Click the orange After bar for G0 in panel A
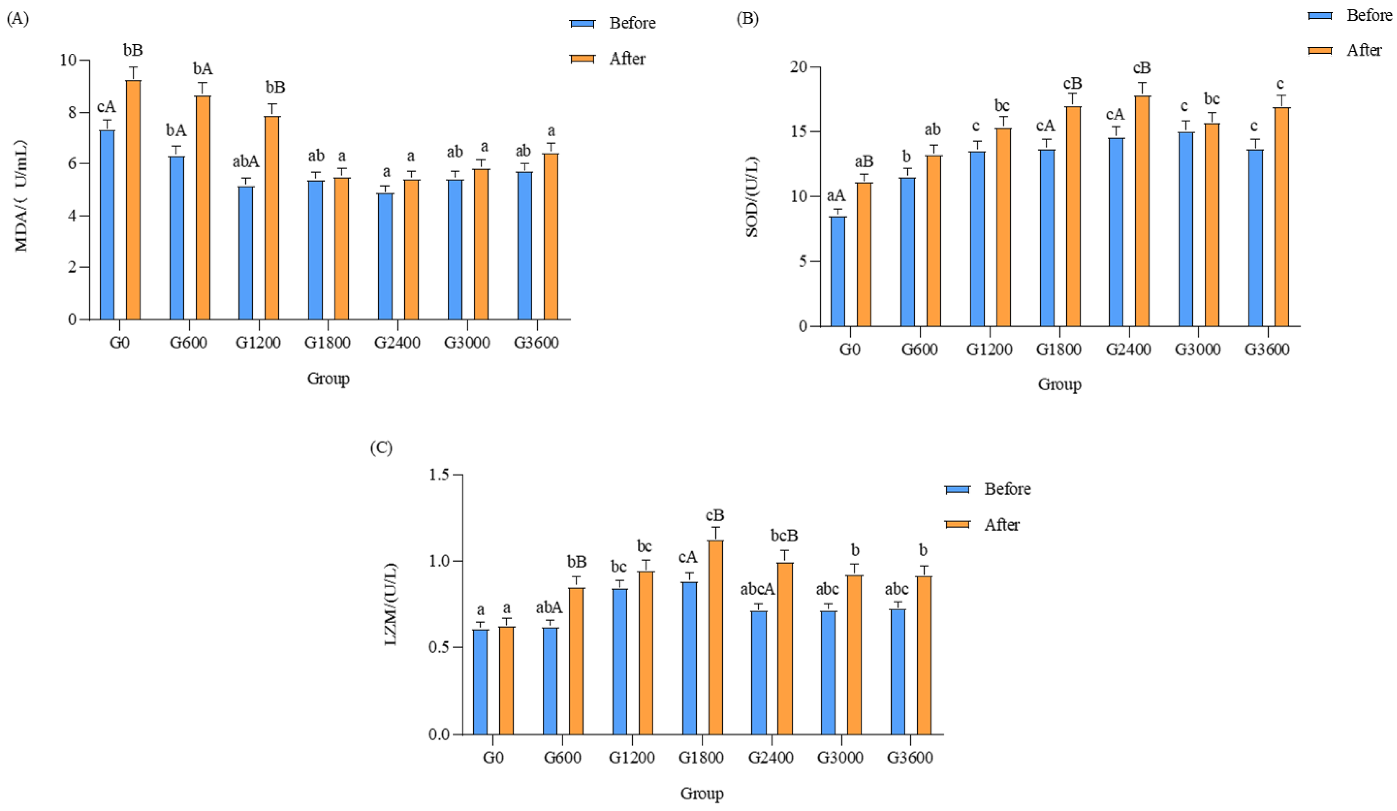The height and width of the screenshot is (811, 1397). point(133,200)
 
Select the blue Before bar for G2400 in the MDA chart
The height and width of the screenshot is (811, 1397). point(385,256)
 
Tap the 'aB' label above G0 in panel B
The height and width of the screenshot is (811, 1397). point(864,162)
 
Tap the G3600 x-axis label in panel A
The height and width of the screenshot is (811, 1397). point(536,343)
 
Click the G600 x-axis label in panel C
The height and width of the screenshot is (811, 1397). point(562,757)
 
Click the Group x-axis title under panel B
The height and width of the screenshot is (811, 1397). point(1059,384)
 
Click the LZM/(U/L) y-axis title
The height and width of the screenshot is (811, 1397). point(391,604)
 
